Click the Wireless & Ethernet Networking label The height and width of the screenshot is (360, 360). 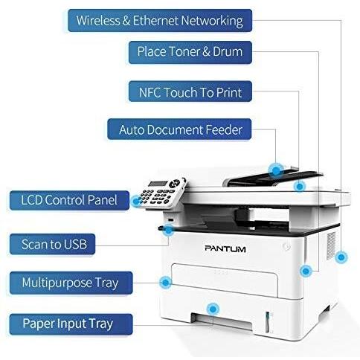160,20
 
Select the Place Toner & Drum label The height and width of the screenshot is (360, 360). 190,52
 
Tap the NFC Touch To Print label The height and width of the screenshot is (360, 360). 190,91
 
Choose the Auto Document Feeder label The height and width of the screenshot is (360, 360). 179,129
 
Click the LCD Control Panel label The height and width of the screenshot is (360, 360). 69,200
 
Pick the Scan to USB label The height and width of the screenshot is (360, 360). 52,244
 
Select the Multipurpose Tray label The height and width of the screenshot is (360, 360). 71,283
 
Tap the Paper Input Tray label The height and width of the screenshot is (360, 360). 71,324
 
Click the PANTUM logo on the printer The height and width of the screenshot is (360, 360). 225,248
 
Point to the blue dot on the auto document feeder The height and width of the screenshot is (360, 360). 276,170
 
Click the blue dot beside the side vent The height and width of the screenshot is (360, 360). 341,257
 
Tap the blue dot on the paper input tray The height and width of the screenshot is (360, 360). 213,309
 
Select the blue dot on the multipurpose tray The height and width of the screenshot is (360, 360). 166,282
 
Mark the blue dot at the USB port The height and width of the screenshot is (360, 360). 168,231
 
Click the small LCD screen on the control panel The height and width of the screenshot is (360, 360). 158,184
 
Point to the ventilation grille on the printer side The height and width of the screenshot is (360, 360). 331,245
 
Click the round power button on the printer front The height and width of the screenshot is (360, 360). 286,247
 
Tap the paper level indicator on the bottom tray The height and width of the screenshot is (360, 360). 267,322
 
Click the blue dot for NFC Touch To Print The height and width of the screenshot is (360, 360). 300,186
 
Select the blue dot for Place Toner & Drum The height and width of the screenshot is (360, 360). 306,271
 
